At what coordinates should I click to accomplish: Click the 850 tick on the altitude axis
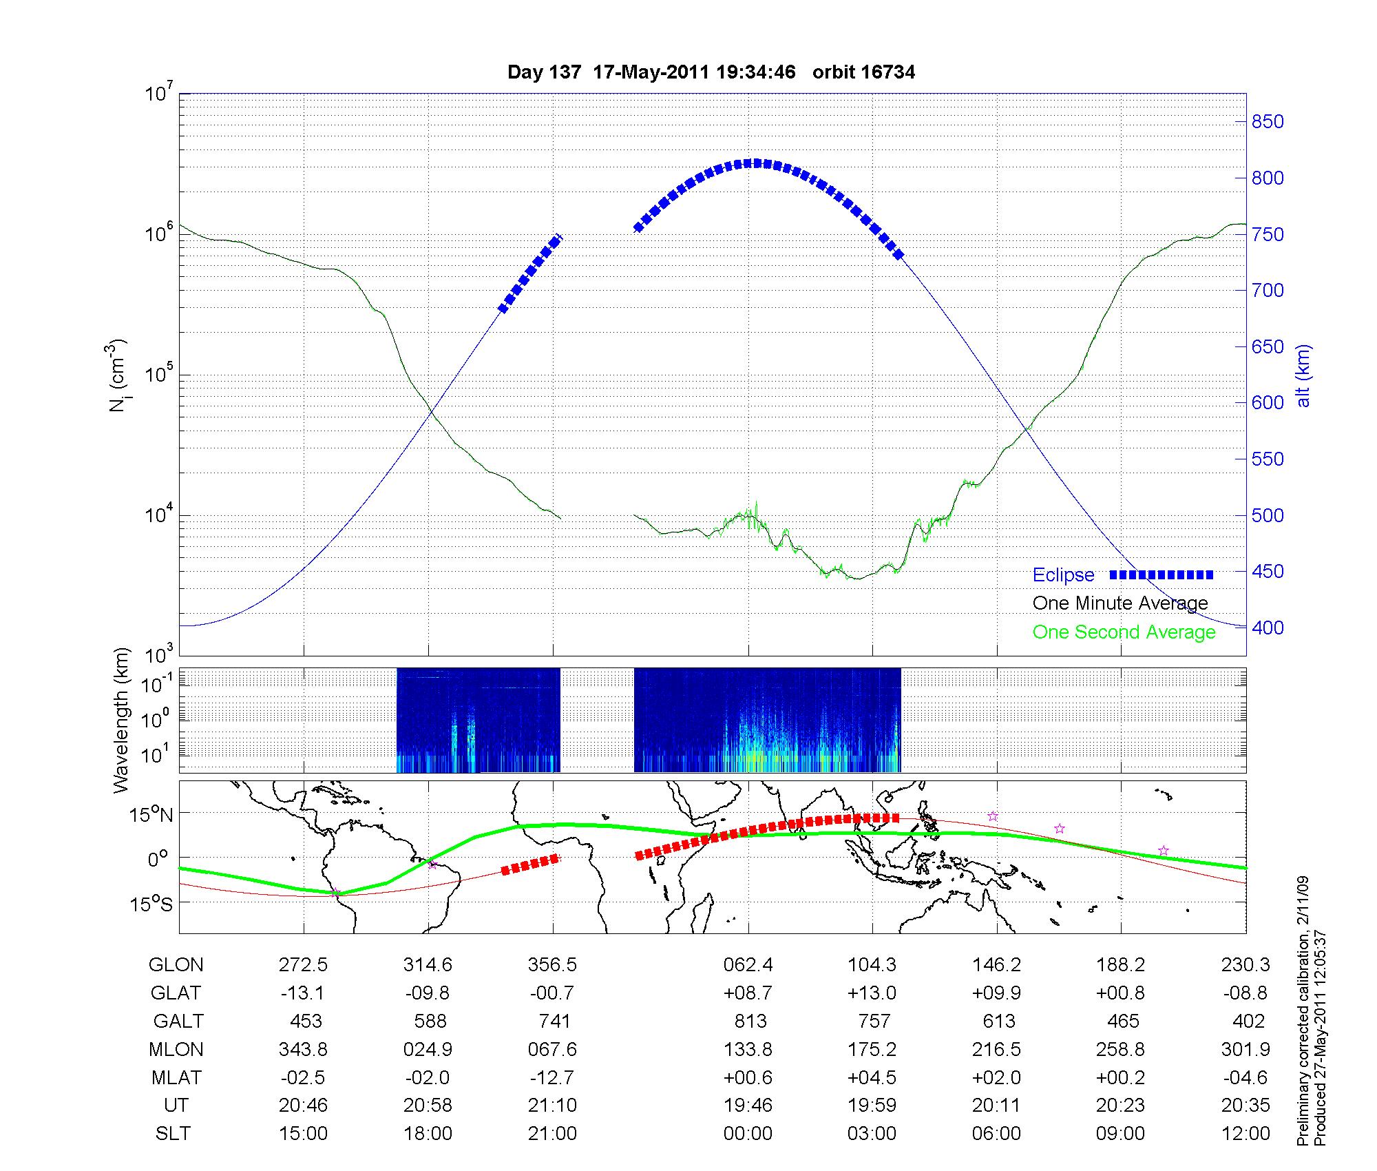(x=1268, y=122)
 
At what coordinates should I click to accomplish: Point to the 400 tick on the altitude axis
(x=1268, y=628)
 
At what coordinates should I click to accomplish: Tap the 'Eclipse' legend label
(x=1063, y=575)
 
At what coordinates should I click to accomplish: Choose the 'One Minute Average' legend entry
(x=1120, y=603)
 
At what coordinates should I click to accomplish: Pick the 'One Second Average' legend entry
(x=1124, y=632)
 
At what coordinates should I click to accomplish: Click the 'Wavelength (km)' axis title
(x=122, y=720)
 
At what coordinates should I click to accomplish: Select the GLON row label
(x=176, y=965)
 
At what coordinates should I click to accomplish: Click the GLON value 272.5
(x=303, y=965)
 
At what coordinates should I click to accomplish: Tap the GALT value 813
(x=750, y=1022)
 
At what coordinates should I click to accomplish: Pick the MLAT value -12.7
(x=552, y=1077)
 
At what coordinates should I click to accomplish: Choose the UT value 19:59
(x=872, y=1106)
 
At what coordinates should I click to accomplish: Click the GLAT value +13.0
(x=872, y=993)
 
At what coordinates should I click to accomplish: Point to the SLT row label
(x=173, y=1134)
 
